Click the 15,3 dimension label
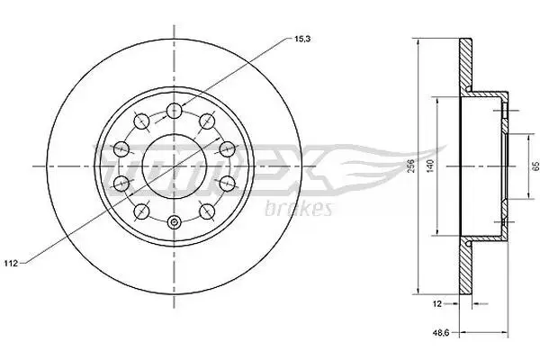click(302, 39)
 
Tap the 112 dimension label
click(11, 264)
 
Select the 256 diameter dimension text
click(409, 166)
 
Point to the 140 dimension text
click(429, 166)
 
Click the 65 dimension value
click(535, 166)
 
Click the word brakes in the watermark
click(298, 208)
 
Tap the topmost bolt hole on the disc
click(174, 111)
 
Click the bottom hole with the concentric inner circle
click(174, 222)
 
